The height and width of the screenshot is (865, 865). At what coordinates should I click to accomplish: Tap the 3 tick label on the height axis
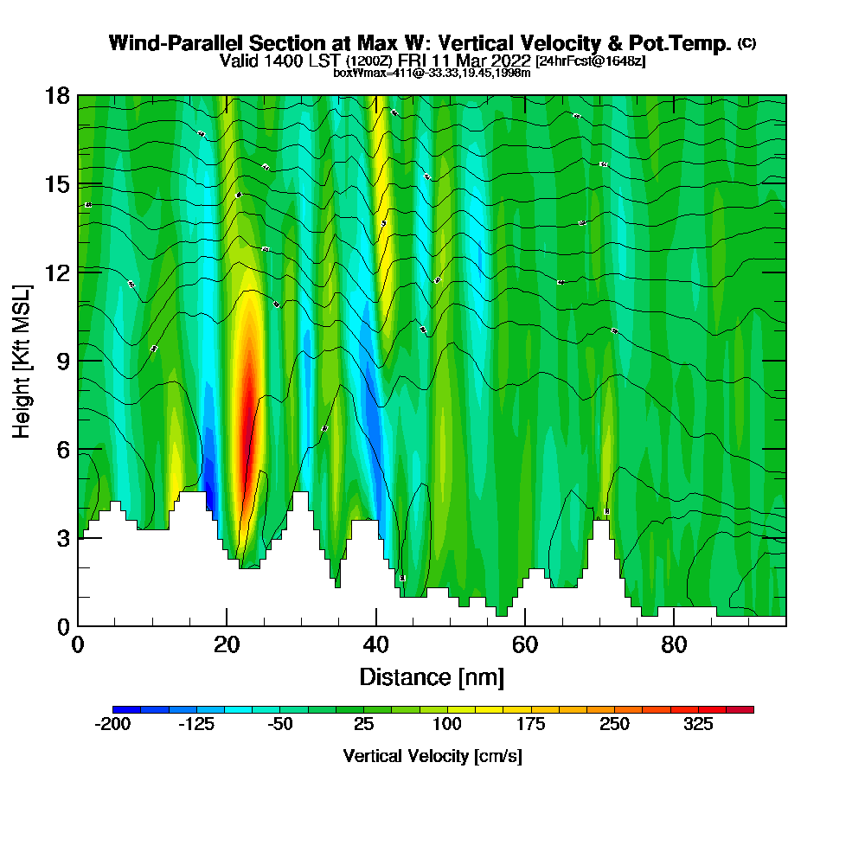[62, 538]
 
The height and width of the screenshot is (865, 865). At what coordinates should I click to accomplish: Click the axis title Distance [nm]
[432, 676]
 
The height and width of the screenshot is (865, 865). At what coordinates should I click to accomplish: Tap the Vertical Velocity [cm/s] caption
[432, 756]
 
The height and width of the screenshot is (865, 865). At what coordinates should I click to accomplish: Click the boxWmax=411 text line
[432, 73]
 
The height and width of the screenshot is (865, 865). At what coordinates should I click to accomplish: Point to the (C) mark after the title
[746, 43]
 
